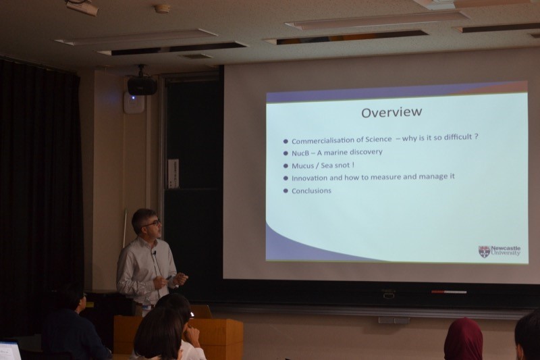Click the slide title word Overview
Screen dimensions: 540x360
[391, 112]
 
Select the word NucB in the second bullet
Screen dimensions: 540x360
[300, 153]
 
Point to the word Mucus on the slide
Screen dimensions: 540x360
[302, 166]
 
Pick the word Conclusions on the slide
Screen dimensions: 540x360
[311, 191]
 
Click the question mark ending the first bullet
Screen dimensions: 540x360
[477, 136]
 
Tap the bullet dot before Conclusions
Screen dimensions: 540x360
[286, 191]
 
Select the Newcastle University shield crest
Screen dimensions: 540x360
[484, 251]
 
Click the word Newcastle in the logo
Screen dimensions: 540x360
[506, 249]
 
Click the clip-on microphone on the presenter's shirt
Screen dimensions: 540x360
[155, 253]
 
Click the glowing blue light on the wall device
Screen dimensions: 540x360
[133, 98]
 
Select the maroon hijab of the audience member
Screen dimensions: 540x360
[463, 339]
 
